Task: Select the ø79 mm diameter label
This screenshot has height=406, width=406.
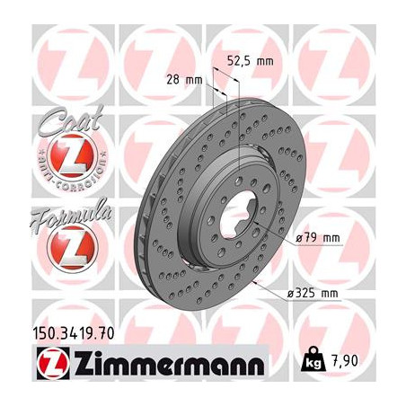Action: point(319,237)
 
